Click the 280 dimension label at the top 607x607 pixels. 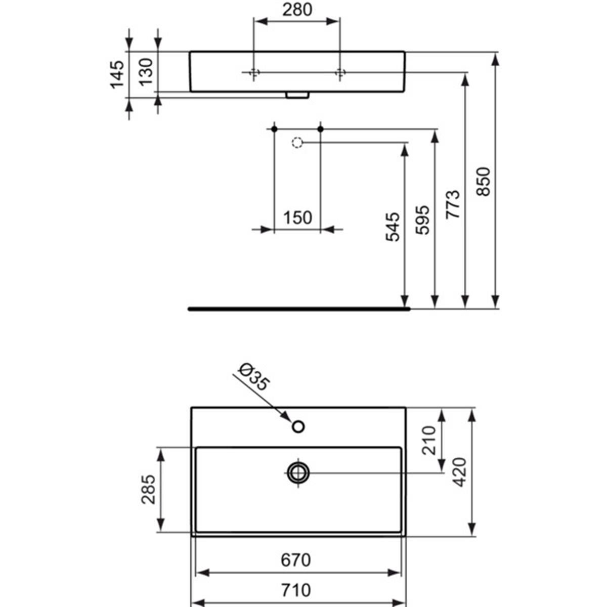[x=297, y=10]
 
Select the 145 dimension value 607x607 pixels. [x=117, y=74]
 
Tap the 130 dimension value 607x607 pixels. [x=146, y=72]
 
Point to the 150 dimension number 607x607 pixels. [x=297, y=218]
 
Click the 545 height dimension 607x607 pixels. [x=393, y=227]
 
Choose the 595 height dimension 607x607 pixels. [x=422, y=220]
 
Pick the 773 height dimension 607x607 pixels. [x=453, y=204]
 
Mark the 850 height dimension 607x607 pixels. [x=483, y=182]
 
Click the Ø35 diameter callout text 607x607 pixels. [x=254, y=377]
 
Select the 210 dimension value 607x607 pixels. [x=429, y=441]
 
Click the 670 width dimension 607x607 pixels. [x=295, y=560]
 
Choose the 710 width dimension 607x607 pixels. [x=296, y=590]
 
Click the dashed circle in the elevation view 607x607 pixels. [x=297, y=143]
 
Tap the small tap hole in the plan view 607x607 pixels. [x=298, y=427]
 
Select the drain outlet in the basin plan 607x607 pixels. [x=298, y=473]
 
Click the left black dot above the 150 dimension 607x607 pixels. [x=274, y=129]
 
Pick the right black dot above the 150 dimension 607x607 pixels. [x=320, y=129]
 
